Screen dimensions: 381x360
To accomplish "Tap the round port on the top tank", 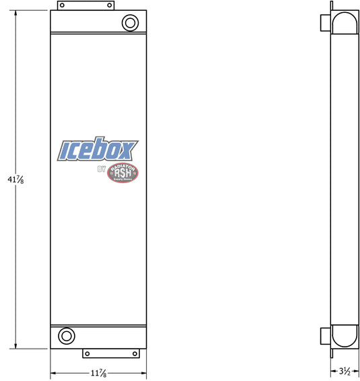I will pos(129,23).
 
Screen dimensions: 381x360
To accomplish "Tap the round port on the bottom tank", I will pos(67,335).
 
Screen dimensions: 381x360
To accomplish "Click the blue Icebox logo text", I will pos(98,149).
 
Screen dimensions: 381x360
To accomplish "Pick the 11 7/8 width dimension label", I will pos(98,373).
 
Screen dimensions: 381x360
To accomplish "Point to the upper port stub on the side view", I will pos(324,23).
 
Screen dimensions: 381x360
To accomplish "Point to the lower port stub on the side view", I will pos(324,335).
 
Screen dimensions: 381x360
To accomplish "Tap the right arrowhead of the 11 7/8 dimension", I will pos(144,372).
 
